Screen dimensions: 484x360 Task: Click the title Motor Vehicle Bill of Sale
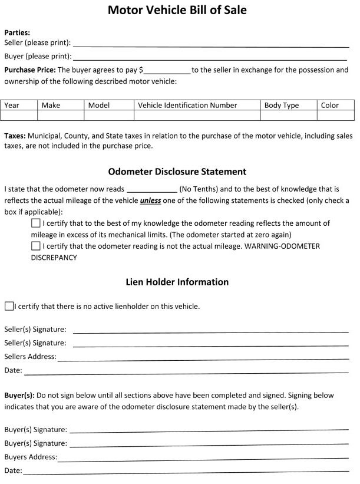pos(177,10)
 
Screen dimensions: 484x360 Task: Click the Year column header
pos(12,106)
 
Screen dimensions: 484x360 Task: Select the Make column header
pos(51,106)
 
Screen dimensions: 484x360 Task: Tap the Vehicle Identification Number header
pos(187,106)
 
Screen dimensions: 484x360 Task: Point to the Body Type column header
pos(281,106)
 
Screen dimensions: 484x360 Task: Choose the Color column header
pos(330,106)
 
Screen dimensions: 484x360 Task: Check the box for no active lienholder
pos(9,306)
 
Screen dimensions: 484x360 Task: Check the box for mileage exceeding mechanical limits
pos(36,223)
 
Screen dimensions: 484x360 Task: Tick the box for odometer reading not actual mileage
pos(36,246)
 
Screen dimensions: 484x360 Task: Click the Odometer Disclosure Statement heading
pos(177,172)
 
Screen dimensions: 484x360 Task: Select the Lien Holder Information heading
pos(177,282)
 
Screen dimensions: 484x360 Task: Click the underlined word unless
pos(151,200)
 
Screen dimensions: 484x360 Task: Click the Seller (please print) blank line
pos(210,44)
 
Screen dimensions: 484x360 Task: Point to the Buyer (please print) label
pos(38,57)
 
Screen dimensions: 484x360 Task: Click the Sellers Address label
pos(30,357)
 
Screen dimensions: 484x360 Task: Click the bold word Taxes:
pos(15,136)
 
